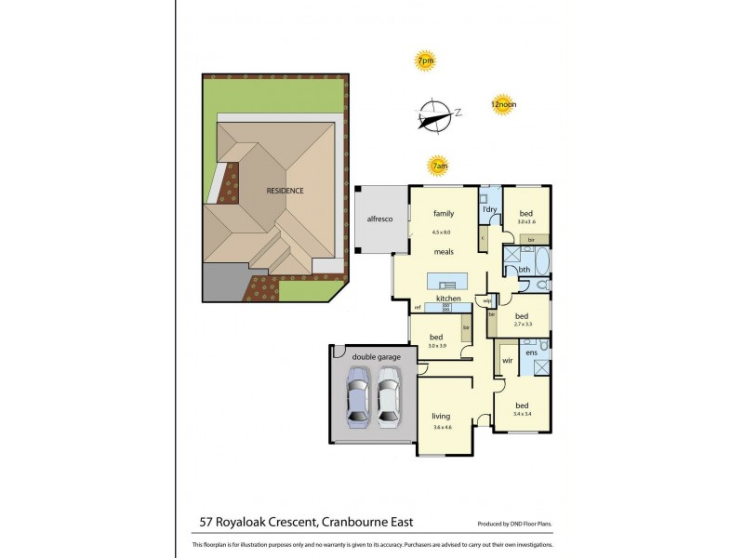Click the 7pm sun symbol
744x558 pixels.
425,61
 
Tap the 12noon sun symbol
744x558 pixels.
503,105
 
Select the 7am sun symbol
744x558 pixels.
439,167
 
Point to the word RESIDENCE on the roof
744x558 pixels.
285,191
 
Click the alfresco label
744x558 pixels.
379,218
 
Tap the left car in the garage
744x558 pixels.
357,398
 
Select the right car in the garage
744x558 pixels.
389,398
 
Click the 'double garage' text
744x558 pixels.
374,353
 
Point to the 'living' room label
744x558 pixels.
441,416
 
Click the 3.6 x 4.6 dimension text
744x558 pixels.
441,427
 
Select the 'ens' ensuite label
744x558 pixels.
531,353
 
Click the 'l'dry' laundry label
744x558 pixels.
489,210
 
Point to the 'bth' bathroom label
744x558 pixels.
525,270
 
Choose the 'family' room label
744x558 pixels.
443,214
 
